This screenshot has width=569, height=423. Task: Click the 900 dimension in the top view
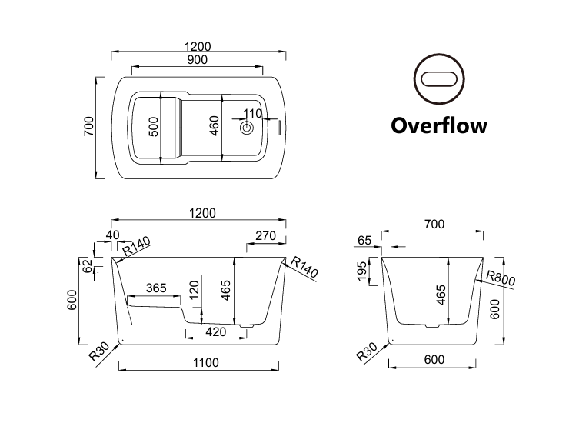click(x=197, y=59)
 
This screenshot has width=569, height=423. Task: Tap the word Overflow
click(x=439, y=125)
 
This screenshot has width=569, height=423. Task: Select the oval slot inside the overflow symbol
click(x=439, y=78)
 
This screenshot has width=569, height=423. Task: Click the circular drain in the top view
click(x=247, y=128)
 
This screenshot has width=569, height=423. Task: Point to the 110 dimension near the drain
click(x=252, y=114)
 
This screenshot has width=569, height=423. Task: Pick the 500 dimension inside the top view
click(x=154, y=127)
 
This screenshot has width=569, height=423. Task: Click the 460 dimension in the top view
click(x=215, y=126)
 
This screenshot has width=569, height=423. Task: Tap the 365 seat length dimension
click(x=156, y=288)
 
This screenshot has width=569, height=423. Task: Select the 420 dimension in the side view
click(x=216, y=331)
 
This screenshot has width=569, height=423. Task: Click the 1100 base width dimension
click(x=206, y=362)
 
